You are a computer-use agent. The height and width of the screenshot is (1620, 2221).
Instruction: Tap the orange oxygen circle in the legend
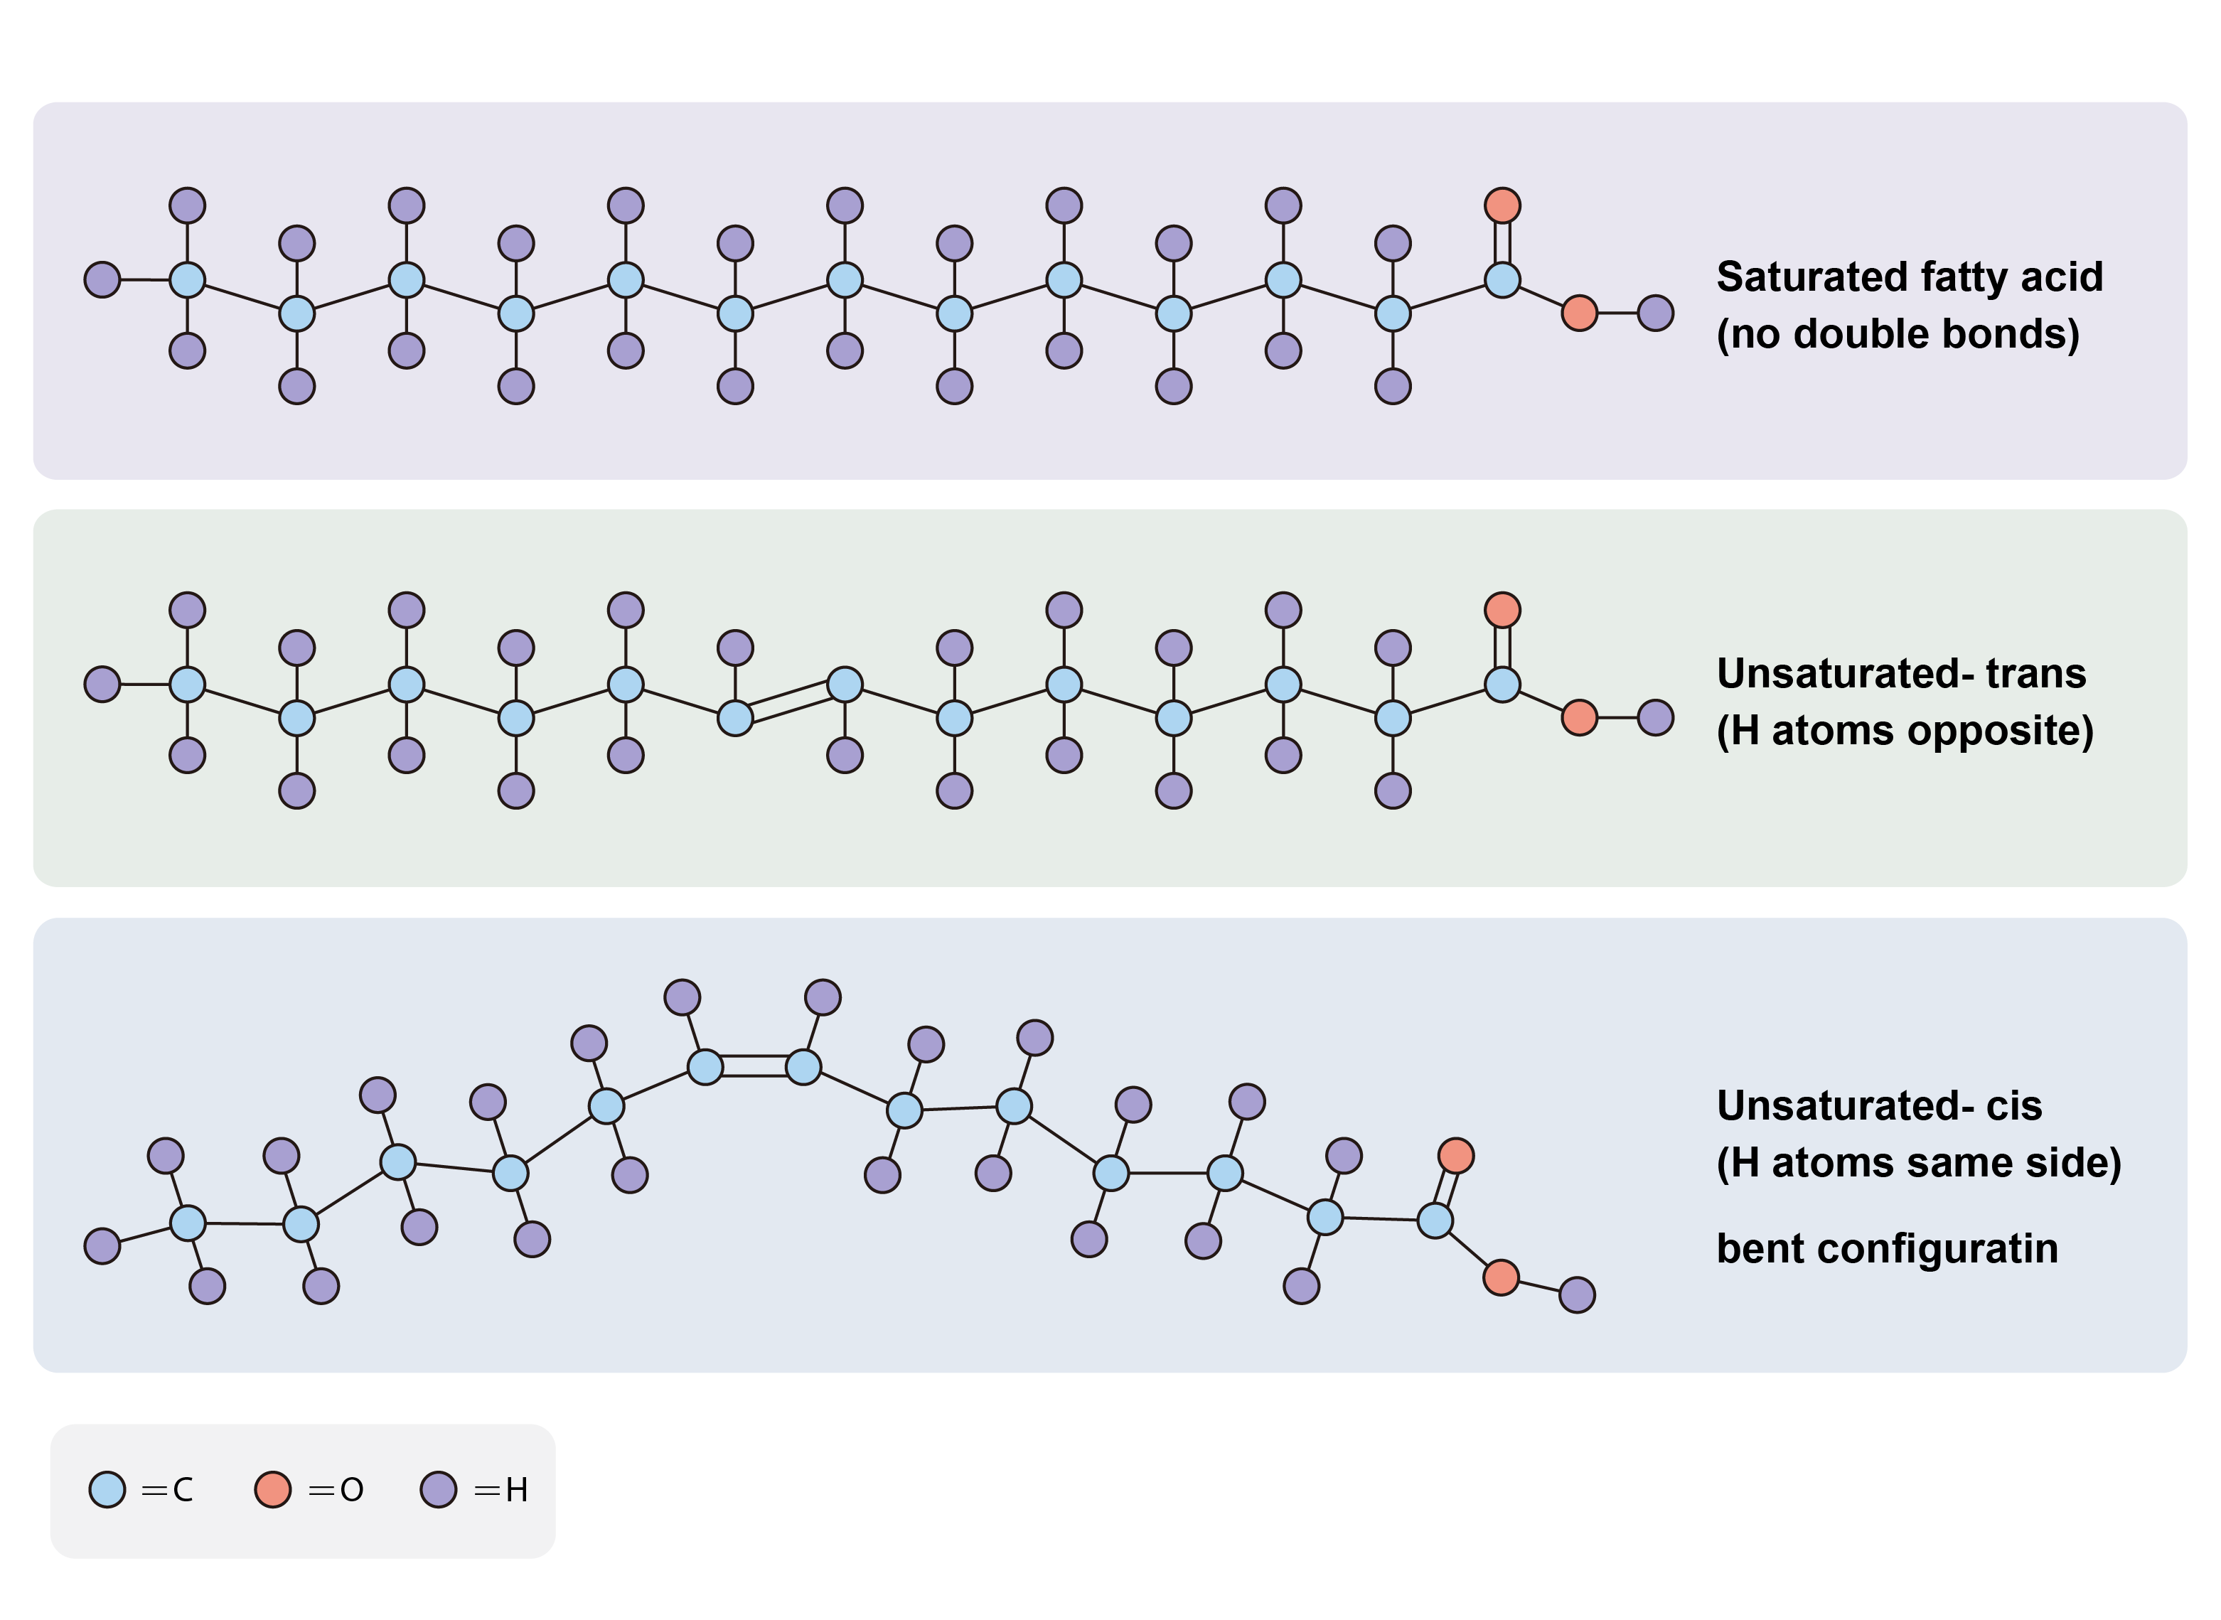point(272,1490)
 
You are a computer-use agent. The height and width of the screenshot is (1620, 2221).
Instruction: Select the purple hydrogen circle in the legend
point(439,1490)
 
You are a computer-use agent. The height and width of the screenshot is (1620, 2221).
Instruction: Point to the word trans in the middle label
point(2035,674)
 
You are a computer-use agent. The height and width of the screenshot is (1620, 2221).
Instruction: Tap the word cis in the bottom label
point(2014,1106)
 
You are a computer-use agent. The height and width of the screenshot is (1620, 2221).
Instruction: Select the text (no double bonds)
point(1898,334)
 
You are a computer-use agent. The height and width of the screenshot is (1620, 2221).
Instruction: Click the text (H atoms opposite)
point(1905,731)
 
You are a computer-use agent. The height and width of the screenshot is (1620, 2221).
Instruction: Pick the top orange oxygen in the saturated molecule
point(1502,206)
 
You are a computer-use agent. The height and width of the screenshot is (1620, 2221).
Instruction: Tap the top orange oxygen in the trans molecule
point(1502,610)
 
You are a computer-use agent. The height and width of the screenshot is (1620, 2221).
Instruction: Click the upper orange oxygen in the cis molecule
point(1456,1156)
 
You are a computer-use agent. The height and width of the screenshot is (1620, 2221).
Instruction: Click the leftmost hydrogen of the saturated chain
point(102,279)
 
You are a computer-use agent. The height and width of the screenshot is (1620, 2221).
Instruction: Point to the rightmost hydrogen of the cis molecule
point(1577,1295)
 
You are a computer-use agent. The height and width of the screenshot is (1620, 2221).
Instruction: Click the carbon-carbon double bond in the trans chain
point(791,701)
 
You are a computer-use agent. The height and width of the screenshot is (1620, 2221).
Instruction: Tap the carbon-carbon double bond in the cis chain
point(754,1067)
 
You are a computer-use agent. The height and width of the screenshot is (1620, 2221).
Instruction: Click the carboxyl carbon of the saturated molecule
point(1502,279)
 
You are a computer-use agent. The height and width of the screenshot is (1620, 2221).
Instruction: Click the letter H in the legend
point(517,1491)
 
